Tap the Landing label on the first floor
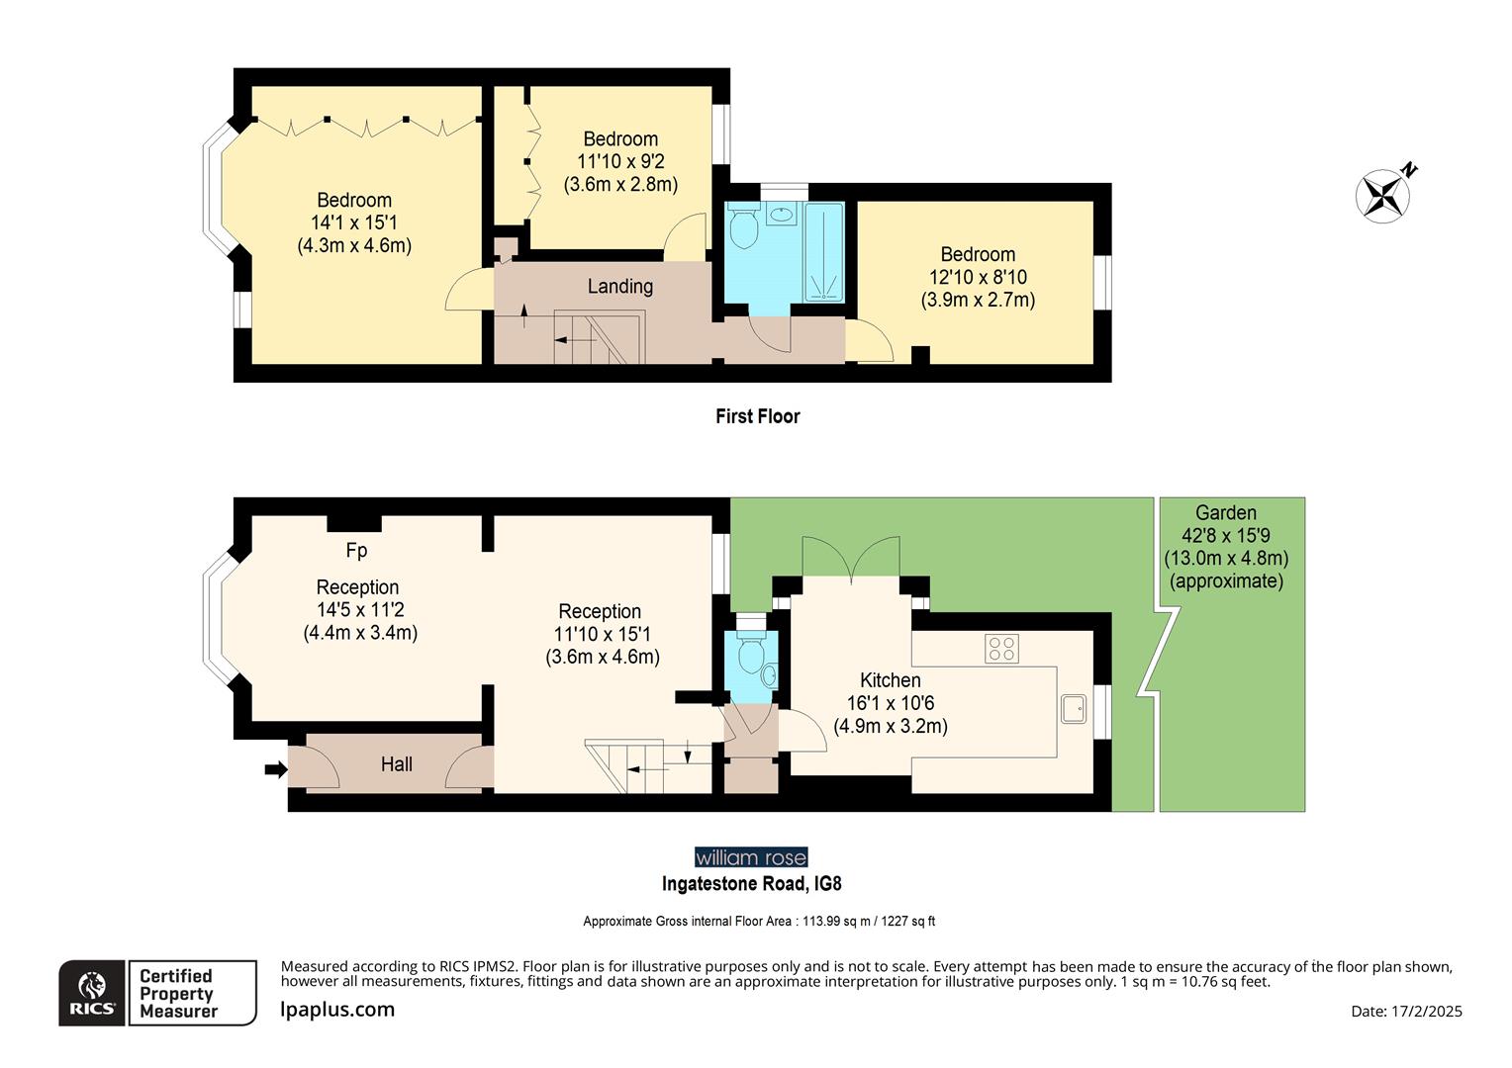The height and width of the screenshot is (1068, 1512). (x=620, y=287)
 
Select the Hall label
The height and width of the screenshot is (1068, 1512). (x=397, y=764)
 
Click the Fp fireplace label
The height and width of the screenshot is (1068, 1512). (x=356, y=550)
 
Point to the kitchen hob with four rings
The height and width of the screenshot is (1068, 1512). (x=1001, y=649)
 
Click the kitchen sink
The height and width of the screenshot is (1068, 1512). (x=1074, y=709)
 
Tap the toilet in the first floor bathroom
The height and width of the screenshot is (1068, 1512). (x=743, y=228)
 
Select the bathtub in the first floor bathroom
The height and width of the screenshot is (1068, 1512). (x=823, y=252)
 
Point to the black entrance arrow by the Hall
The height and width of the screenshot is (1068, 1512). (x=276, y=768)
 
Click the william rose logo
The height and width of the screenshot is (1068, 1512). (x=751, y=857)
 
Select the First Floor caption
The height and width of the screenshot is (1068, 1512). (x=757, y=416)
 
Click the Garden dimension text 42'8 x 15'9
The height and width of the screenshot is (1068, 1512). (x=1226, y=536)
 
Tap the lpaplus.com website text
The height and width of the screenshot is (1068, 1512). (x=337, y=1010)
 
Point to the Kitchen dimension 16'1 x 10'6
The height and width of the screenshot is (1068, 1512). (x=890, y=703)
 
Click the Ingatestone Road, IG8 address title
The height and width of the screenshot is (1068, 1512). (x=751, y=883)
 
